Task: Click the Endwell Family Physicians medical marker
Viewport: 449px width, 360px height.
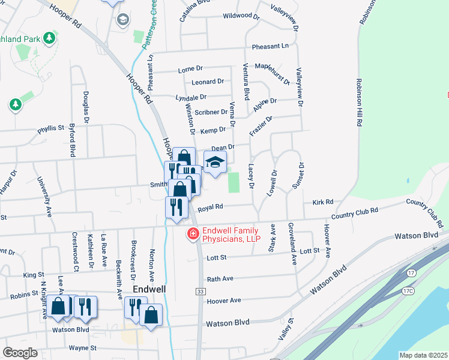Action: (x=193, y=234)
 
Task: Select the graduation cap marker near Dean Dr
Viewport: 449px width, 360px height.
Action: (x=215, y=162)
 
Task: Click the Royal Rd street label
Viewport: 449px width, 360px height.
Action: (x=210, y=207)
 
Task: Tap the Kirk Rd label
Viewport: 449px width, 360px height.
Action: (x=322, y=203)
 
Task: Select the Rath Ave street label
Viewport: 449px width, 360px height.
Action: (x=220, y=279)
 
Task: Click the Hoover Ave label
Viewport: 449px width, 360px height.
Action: (x=223, y=300)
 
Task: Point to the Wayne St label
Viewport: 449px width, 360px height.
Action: (x=83, y=348)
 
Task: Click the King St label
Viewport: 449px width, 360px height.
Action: (x=30, y=275)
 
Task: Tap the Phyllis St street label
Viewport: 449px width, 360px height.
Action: (x=50, y=128)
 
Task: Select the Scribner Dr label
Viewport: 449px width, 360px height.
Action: (x=212, y=112)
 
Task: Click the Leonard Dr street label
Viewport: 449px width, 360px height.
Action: (x=207, y=82)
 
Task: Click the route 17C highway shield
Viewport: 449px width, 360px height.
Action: (x=408, y=291)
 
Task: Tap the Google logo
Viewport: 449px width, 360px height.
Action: (x=20, y=353)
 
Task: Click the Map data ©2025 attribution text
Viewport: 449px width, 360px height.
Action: (x=423, y=355)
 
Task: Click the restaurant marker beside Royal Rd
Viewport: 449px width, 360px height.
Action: (x=173, y=206)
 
